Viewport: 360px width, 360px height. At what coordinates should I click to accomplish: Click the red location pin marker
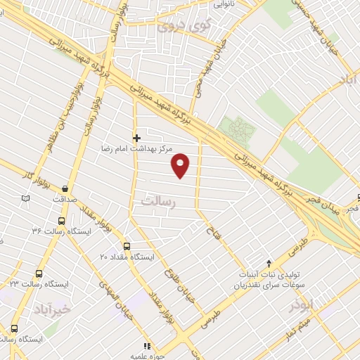click(182, 165)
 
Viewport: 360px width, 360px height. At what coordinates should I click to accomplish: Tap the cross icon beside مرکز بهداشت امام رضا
click(136, 138)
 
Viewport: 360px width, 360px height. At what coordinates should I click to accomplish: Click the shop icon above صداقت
click(65, 188)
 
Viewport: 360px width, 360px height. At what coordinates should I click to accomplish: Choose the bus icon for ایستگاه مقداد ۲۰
click(127, 247)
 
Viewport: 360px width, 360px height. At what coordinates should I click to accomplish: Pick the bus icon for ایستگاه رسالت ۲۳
click(38, 274)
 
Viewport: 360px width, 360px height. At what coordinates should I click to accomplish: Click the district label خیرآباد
click(51, 309)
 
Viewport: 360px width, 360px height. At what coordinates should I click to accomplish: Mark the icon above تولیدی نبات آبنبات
click(268, 262)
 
